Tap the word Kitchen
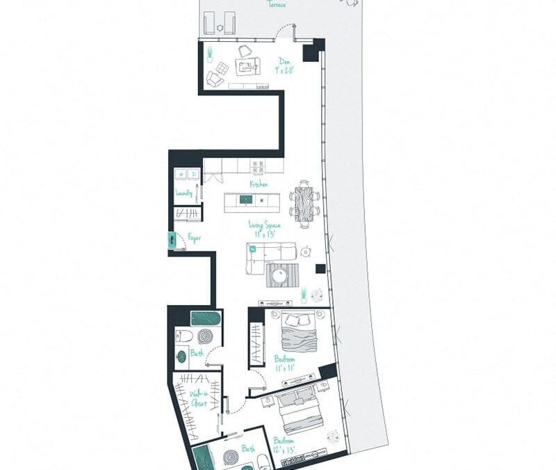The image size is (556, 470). click(x=259, y=185)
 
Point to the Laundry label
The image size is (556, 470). click(x=184, y=193)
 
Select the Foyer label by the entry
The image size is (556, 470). click(x=195, y=238)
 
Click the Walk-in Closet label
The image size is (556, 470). click(x=199, y=398)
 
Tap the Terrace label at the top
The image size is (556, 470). click(x=277, y=4)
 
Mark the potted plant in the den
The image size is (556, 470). click(x=208, y=53)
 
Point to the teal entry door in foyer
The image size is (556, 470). click(x=171, y=240)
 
